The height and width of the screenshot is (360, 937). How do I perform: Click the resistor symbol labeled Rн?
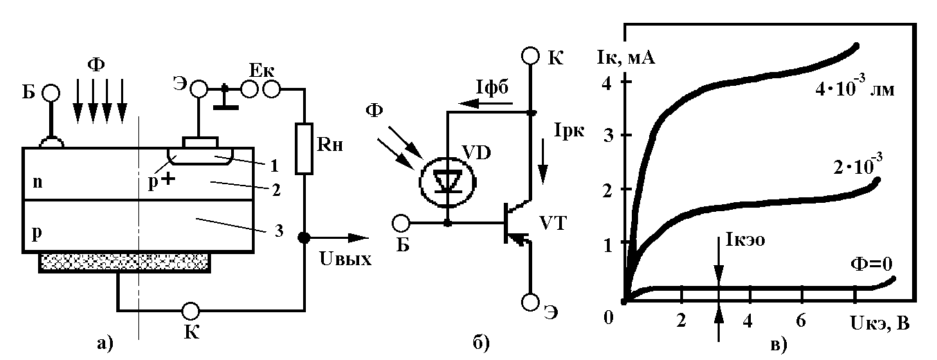coord(304,149)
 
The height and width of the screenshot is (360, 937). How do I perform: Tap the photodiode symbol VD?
coord(448,181)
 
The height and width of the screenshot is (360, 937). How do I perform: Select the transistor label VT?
coord(552,223)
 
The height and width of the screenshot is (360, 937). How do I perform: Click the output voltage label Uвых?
coord(345,259)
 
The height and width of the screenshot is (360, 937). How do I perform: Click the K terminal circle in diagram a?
coord(191,311)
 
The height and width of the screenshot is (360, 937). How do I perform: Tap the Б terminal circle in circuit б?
coord(401,223)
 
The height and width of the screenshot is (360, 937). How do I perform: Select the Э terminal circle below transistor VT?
coord(530,303)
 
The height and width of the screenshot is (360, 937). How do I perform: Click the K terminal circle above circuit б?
coord(531,55)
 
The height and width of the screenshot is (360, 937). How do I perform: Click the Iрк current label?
coord(569,131)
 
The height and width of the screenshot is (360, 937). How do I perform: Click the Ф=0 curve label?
coord(872,264)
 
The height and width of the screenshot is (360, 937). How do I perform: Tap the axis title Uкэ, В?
coord(880,323)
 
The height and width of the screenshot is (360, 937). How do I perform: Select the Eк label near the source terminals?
coord(262,71)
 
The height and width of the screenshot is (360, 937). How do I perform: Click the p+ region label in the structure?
coord(161,181)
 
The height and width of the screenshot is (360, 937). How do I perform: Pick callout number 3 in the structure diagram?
coord(279,231)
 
